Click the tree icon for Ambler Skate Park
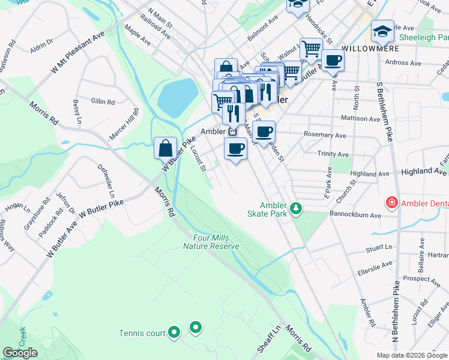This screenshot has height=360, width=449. [295, 208]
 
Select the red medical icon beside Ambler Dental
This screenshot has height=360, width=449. [392, 203]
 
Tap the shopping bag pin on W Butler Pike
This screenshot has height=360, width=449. [165, 147]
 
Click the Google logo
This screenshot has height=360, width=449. [20, 353]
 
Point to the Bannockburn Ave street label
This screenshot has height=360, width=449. [355, 214]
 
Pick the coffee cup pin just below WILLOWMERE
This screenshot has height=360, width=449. [332, 60]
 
